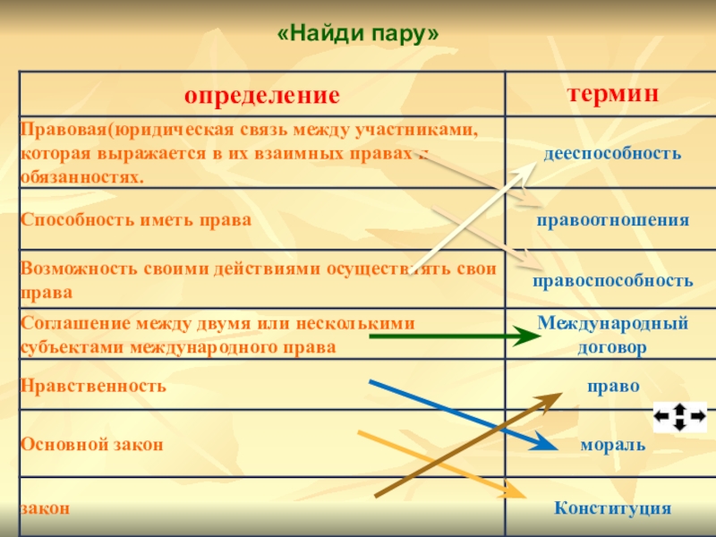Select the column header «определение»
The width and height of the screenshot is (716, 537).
tap(262, 95)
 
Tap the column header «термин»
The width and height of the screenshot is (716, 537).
tap(613, 93)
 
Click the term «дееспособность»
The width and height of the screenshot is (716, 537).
tap(613, 153)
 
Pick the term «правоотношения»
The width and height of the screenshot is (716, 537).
tap(613, 219)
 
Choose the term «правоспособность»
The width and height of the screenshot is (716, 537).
tap(613, 280)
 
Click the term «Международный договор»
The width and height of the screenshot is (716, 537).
tap(613, 334)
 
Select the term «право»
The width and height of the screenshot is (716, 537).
tap(613, 386)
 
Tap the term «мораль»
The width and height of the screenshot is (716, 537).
tap(613, 444)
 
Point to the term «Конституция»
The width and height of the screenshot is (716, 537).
tap(613, 508)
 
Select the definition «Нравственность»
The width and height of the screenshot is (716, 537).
tap(94, 386)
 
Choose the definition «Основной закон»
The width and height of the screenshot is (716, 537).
tap(92, 444)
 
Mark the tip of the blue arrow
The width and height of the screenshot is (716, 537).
tap(548, 446)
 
